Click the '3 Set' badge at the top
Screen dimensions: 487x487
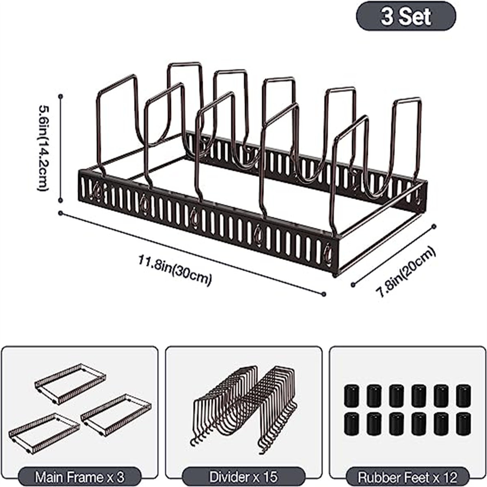pos(405,17)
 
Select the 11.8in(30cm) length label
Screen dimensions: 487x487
pos(176,269)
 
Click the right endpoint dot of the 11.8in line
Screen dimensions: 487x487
pos(324,294)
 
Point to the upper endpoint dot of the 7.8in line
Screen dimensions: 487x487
pos(435,225)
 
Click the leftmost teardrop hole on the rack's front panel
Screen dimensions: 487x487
pos(97,191)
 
